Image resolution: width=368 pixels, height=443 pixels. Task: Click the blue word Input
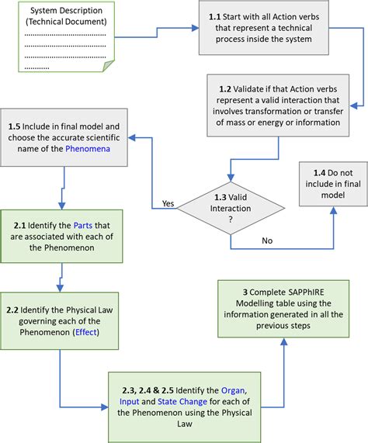point(130,401)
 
